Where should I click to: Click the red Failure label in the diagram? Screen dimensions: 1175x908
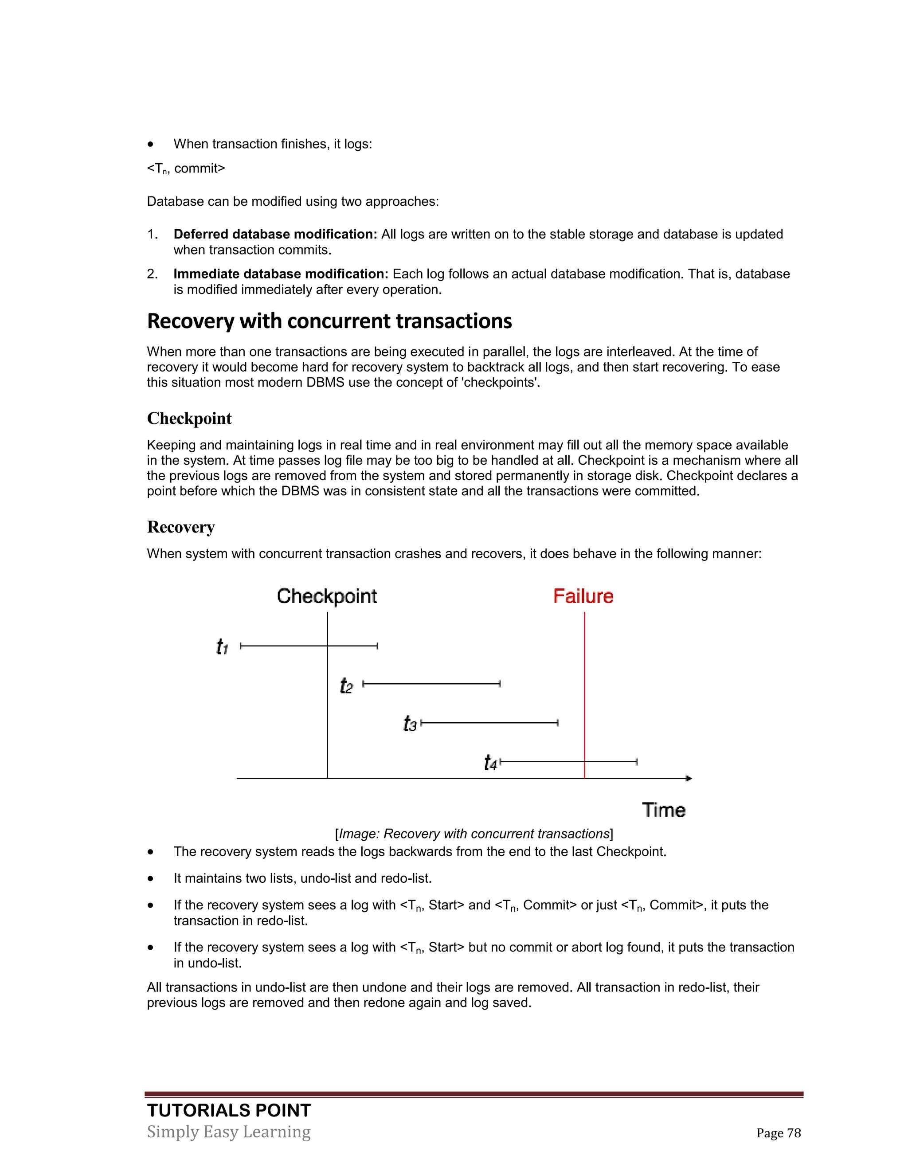tap(583, 596)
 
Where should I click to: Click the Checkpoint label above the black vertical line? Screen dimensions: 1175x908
tap(326, 596)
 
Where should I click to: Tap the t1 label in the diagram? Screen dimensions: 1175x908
tap(222, 646)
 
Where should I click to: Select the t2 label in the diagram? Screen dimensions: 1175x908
tap(346, 686)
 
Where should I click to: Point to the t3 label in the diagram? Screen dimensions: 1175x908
tap(410, 724)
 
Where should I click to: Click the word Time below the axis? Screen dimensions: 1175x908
tap(663, 810)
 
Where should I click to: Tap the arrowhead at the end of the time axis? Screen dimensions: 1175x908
tap(689, 778)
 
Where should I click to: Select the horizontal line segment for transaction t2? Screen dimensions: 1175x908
tap(431, 684)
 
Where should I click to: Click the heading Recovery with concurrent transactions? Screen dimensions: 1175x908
tap(329, 321)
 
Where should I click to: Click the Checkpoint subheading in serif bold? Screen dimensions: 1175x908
tap(189, 419)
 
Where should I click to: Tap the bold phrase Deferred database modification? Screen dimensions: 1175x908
tap(275, 235)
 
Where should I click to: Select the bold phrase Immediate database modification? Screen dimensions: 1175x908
tap(281, 274)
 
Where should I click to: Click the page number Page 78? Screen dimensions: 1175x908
tap(779, 1133)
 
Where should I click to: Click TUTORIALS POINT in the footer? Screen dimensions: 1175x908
tap(229, 1110)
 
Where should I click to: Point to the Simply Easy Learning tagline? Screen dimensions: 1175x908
tap(229, 1132)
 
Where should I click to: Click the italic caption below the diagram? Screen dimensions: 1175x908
tap(474, 834)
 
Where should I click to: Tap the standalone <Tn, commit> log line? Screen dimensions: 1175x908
tap(186, 169)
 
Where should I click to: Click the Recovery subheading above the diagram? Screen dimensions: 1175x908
tap(181, 527)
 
